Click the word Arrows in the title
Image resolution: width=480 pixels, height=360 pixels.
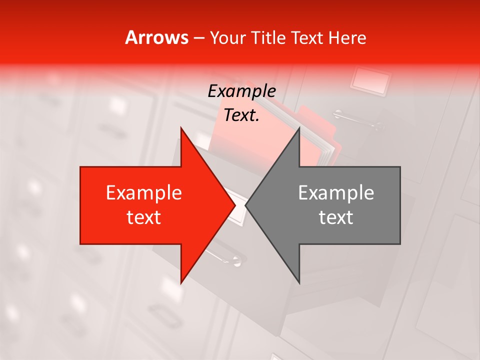tap(157, 37)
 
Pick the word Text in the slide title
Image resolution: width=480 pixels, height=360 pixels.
tap(308, 38)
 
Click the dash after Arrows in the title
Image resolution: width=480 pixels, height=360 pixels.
tap(199, 38)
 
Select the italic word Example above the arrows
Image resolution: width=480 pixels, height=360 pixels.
tap(241, 91)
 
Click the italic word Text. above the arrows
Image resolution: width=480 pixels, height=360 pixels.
tap(241, 115)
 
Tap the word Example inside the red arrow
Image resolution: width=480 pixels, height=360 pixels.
tap(144, 193)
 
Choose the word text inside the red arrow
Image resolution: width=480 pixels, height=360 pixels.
tap(144, 217)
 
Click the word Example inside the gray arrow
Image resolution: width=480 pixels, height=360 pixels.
tap(336, 193)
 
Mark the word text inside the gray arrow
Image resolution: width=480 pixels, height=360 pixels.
tap(336, 217)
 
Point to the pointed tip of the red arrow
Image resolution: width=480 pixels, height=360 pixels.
tap(235, 205)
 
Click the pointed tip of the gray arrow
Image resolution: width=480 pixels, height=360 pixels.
tap(246, 205)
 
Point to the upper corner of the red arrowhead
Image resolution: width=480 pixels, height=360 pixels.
tap(181, 128)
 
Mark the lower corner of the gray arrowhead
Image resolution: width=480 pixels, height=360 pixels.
tap(299, 283)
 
